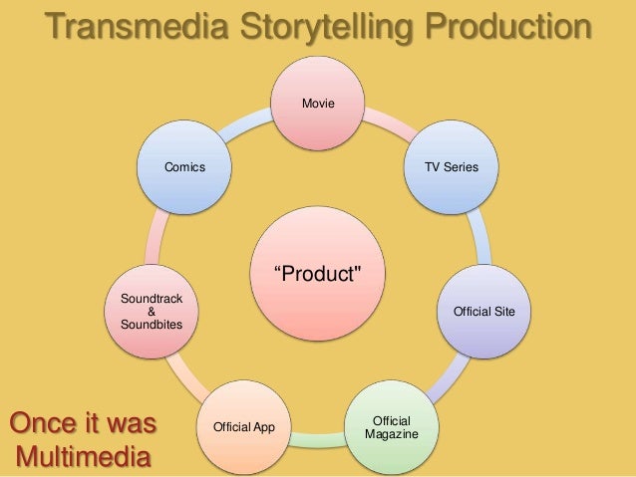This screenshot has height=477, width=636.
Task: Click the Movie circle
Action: point(318,104)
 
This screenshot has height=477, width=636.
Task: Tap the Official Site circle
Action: point(483,312)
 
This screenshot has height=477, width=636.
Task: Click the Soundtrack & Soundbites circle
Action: point(152,312)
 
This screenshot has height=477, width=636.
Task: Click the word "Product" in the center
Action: point(318,273)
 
